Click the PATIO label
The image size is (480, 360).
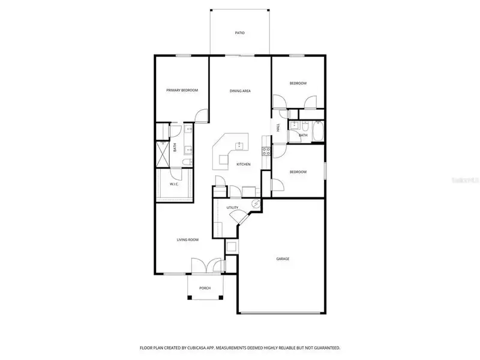pyautogui.click(x=239, y=32)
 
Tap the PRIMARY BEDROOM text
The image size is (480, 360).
pyautogui.click(x=182, y=90)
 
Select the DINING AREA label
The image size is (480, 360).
pyautogui.click(x=240, y=91)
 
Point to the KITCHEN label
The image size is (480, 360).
pyautogui.click(x=243, y=164)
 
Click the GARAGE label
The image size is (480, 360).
pyautogui.click(x=283, y=259)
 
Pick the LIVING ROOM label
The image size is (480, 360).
pyautogui.click(x=187, y=239)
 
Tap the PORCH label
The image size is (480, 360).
pyautogui.click(x=205, y=288)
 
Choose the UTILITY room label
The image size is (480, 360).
pyautogui.click(x=232, y=208)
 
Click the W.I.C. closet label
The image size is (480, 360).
pyautogui.click(x=175, y=184)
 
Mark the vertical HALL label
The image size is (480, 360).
pyautogui.click(x=278, y=128)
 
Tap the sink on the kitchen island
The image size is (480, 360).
pyautogui.click(x=239, y=145)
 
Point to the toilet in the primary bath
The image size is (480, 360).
pyautogui.click(x=186, y=161)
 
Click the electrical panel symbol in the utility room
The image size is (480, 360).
pyautogui.click(x=256, y=204)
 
